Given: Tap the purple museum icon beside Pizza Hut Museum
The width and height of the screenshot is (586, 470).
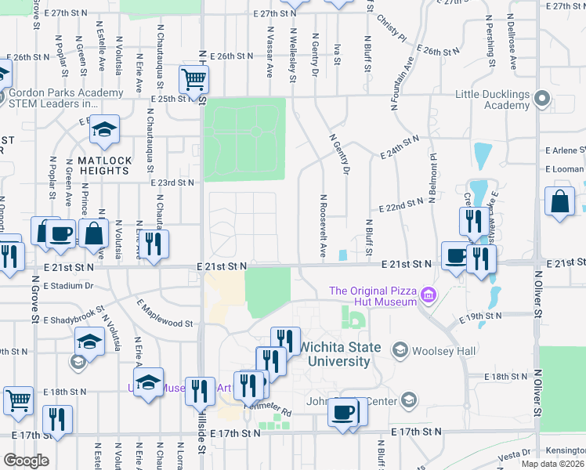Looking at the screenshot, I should [x=428, y=295].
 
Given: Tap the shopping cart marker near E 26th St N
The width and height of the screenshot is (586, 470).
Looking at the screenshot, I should [x=193, y=78].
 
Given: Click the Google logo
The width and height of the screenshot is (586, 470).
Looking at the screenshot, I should [x=26, y=461].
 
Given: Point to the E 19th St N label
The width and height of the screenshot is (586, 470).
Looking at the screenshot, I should [x=480, y=316].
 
